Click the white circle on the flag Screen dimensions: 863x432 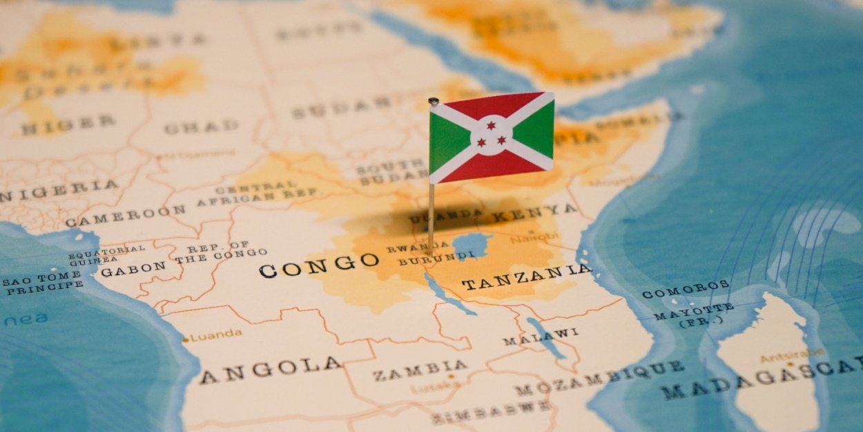(x=492, y=135)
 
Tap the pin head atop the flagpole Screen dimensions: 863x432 (x=434, y=102)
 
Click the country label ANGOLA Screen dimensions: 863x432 (x=271, y=370)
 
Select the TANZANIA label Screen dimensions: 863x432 (x=526, y=277)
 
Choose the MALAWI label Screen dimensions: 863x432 (x=541, y=336)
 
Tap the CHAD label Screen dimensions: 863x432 (x=201, y=127)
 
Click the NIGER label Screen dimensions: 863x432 (x=68, y=125)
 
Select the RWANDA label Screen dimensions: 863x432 (x=409, y=247)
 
